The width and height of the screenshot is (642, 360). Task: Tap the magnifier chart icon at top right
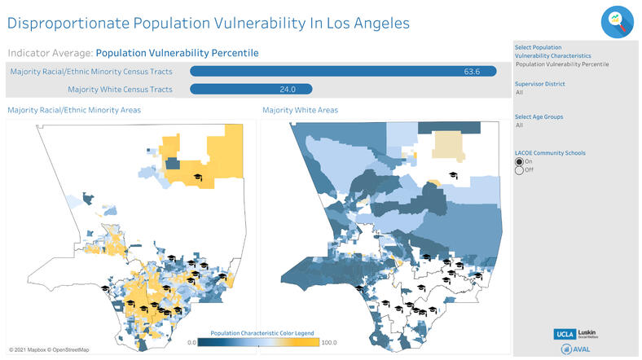pyautogui.click(x=617, y=22)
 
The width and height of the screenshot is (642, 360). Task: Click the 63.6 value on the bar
pyautogui.click(x=472, y=72)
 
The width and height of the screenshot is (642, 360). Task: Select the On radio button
pyautogui.click(x=519, y=161)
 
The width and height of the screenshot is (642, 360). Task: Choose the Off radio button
pyautogui.click(x=519, y=170)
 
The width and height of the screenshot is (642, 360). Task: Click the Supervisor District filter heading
pyautogui.click(x=539, y=84)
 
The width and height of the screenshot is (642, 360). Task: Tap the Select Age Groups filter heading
pyautogui.click(x=539, y=116)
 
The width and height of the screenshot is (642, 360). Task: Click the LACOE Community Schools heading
pyautogui.click(x=550, y=152)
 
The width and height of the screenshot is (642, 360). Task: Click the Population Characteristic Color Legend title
pyautogui.click(x=262, y=333)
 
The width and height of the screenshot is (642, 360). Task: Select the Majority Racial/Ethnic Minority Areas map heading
pyautogui.click(x=73, y=110)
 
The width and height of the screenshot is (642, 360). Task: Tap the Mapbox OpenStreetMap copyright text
pyautogui.click(x=49, y=350)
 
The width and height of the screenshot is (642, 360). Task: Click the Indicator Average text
pyautogui.click(x=49, y=53)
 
